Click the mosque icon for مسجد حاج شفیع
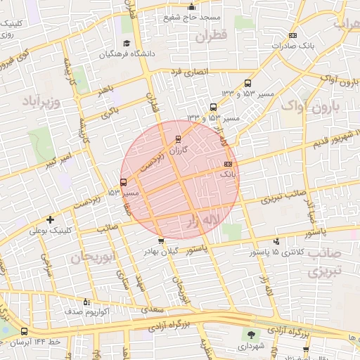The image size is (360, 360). pos(191,7)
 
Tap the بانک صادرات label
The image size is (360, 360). pos(289,46)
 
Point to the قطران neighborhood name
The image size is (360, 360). pos(213,35)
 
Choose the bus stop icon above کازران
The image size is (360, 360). pos(177,139)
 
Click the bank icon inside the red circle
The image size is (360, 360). pos(226,163)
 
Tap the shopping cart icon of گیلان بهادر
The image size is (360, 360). pos(162,241)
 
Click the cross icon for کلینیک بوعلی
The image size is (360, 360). pos(49,219)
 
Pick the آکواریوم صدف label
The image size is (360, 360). pos(86,311)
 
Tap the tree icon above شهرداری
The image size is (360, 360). pos(251,334)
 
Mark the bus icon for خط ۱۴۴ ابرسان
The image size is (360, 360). pos(25,332)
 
